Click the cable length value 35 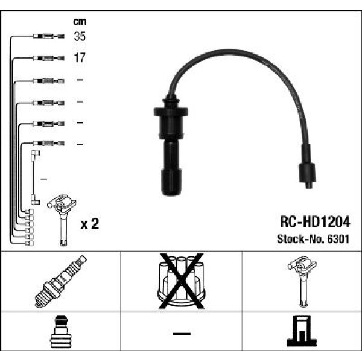[80, 37]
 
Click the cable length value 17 [80, 59]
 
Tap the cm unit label [80, 22]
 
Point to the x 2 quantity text [89, 224]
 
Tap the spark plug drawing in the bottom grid [61, 281]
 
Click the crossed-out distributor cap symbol [181, 280]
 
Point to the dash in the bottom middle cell [181, 334]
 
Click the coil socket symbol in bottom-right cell [301, 332]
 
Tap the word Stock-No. [296, 238]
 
